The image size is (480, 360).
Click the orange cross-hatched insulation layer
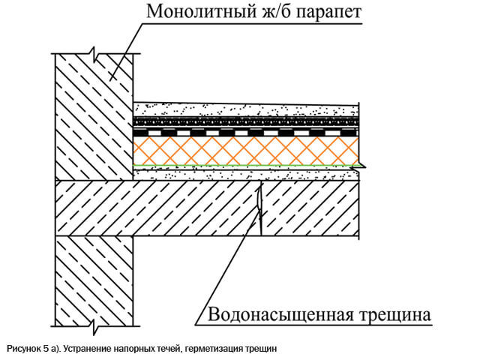point(246,151)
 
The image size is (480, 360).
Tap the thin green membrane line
point(246,166)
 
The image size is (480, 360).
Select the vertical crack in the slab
point(260,208)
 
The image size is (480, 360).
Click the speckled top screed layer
point(246,109)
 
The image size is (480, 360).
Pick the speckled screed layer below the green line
point(246,173)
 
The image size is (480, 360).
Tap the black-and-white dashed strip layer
point(246,133)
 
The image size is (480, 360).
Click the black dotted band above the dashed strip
point(246,121)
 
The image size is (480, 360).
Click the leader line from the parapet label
point(127,52)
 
